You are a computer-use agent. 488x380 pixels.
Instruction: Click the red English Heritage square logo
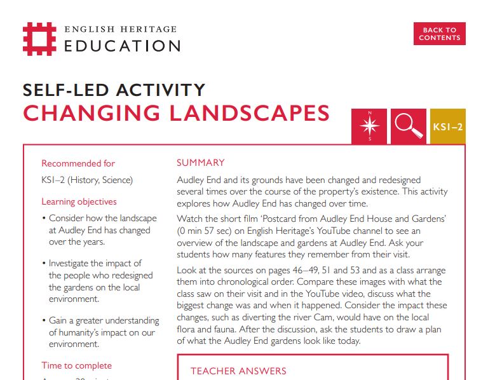[x=39, y=39]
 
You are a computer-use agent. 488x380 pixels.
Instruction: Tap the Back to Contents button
[x=439, y=34]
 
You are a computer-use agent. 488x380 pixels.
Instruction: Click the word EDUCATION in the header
[x=122, y=46]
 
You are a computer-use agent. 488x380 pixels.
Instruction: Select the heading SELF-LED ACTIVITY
[x=114, y=90]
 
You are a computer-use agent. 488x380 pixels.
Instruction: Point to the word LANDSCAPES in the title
[x=249, y=113]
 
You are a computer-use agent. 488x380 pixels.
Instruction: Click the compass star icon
[x=369, y=126]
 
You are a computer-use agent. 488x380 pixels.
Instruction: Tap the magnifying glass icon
[x=409, y=126]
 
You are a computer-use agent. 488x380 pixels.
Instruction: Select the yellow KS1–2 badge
[x=448, y=126]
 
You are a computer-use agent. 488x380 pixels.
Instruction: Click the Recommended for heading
[x=78, y=163]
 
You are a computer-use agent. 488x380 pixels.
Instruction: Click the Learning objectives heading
[x=79, y=201]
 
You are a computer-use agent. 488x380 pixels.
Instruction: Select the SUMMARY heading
[x=200, y=163]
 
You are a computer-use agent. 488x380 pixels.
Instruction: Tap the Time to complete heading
[x=76, y=365]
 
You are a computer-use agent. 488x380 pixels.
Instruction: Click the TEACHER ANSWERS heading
[x=238, y=370]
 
